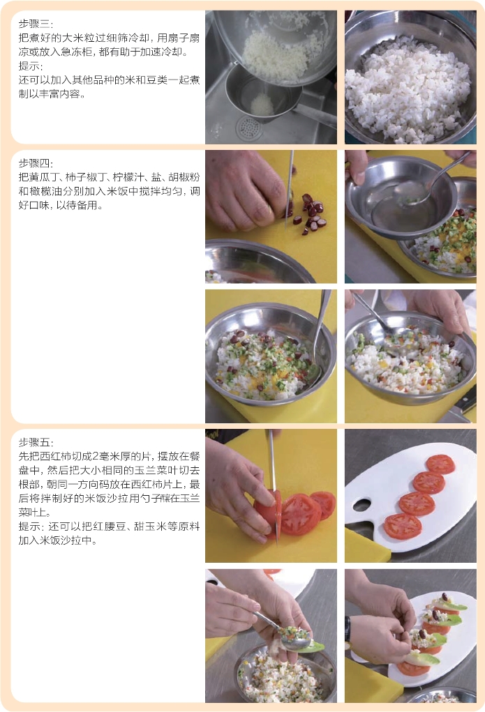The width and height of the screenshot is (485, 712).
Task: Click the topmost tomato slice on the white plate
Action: pos(440,464)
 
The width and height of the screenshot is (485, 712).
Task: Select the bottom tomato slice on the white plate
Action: pos(403,526)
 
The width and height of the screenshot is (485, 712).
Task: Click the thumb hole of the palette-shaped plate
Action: pos(362,504)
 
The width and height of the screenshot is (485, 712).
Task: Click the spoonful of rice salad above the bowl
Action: pos(296,634)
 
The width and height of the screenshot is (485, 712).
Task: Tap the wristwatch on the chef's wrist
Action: pos(348,629)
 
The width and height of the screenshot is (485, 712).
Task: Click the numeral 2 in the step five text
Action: pos(96,457)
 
